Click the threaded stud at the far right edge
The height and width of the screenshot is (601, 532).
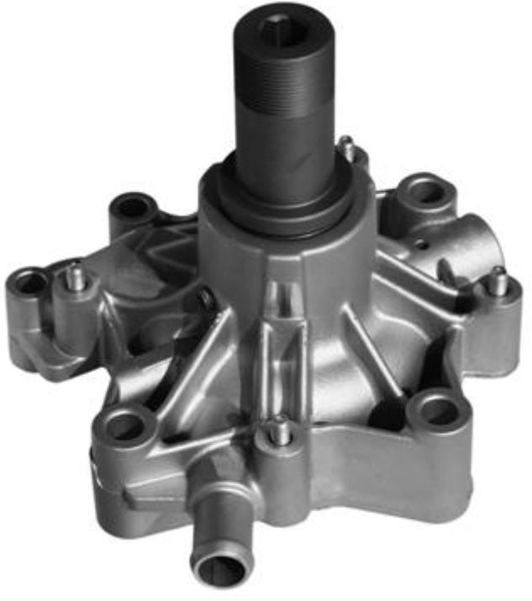498,282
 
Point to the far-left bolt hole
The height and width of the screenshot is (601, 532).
30,283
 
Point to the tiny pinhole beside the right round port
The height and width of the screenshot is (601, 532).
427,245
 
